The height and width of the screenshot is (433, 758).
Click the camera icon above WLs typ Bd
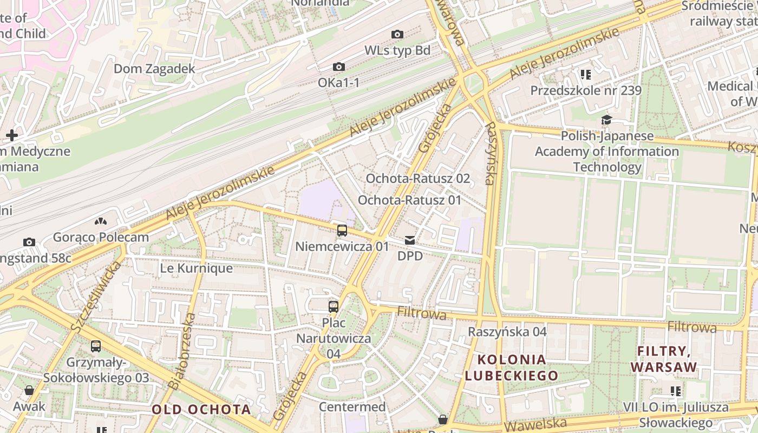point(397,35)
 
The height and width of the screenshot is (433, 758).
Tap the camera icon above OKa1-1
point(339,67)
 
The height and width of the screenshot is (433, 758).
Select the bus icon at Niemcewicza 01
point(342,231)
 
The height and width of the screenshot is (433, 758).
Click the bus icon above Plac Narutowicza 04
point(334,307)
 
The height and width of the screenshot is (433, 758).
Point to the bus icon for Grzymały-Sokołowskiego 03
point(96,346)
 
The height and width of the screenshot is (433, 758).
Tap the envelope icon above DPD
point(410,240)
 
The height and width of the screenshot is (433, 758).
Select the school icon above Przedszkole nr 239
point(585,75)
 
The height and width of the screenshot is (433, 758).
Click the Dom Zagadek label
point(154,69)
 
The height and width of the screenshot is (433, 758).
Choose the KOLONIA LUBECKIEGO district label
point(512,368)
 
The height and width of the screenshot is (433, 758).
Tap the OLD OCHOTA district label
point(201,409)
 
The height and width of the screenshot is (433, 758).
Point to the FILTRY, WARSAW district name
point(664,359)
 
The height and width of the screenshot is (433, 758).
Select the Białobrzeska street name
point(182,351)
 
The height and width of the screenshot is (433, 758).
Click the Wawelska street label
point(535,424)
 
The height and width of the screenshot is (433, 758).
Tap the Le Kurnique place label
point(197,268)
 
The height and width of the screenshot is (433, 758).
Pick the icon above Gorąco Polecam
point(101,221)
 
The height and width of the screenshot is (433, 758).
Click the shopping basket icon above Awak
point(29,390)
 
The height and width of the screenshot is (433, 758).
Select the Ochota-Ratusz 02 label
point(418,179)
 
